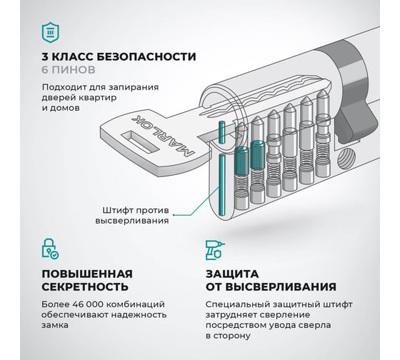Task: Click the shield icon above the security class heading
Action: point(51,32)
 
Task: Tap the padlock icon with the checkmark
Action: point(50,249)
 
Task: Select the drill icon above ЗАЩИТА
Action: point(215,250)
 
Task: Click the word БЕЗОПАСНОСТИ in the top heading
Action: point(146,56)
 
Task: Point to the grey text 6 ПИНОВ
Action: point(69,70)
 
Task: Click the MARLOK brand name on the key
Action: point(163,136)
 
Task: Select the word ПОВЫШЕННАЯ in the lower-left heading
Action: point(87,274)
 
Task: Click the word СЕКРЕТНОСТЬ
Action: point(85,286)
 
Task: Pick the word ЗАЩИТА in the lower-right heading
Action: point(232,274)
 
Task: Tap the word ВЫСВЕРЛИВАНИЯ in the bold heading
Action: point(281,286)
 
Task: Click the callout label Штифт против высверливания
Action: point(132,216)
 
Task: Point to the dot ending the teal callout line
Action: point(174,215)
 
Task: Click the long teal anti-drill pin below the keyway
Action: point(221,184)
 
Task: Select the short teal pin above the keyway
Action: point(221,131)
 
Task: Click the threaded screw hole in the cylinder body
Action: point(346,159)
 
